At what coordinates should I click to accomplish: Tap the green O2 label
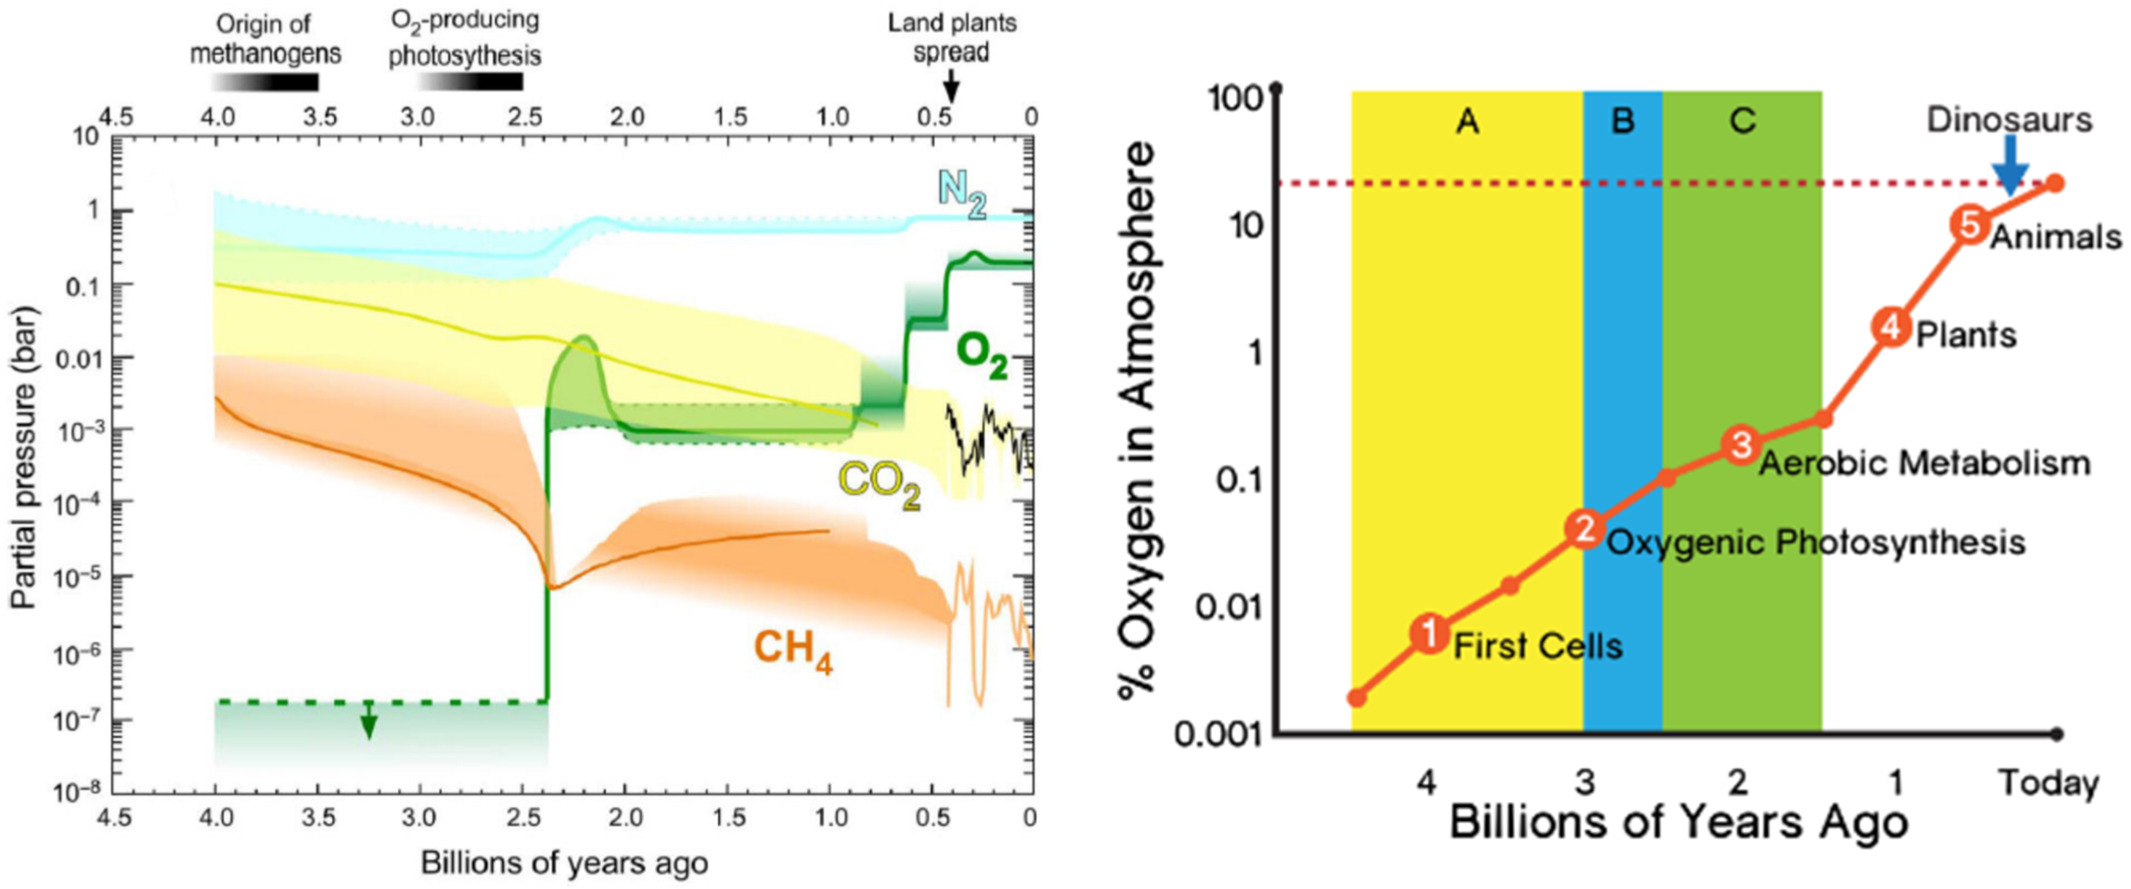tap(981, 357)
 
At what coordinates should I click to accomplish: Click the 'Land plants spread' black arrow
tap(951, 85)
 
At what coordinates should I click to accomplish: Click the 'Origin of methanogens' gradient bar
tap(265, 82)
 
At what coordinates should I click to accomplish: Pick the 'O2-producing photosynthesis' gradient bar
tap(469, 81)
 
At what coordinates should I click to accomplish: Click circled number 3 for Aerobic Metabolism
tap(1741, 444)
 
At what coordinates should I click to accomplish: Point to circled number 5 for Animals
tap(1971, 225)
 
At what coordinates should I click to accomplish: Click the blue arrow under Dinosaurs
tap(2010, 164)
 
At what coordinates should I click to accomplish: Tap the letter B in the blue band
tap(1622, 121)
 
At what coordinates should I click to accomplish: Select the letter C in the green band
tap(1742, 121)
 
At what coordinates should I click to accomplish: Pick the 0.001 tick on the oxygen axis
tap(1219, 734)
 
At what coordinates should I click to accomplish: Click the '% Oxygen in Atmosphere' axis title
tap(1138, 422)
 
